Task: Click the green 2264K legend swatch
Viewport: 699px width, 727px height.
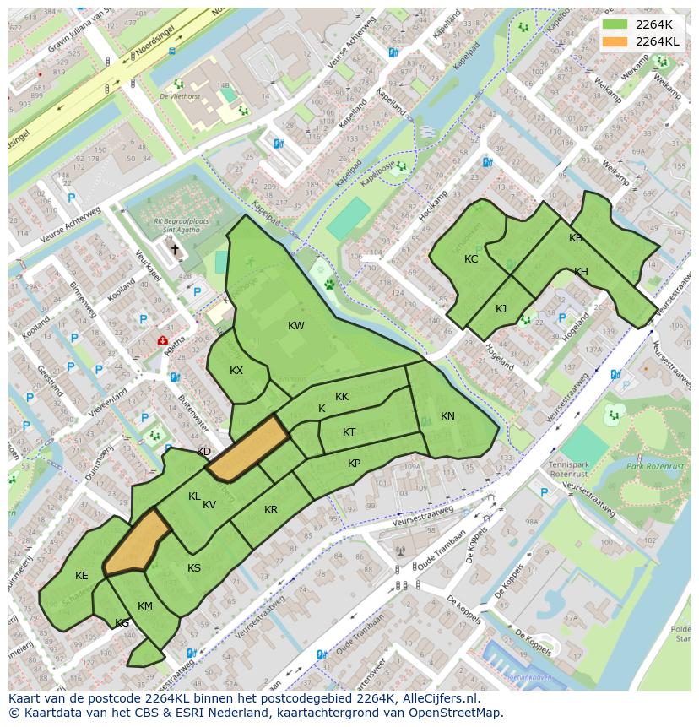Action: [x=616, y=24]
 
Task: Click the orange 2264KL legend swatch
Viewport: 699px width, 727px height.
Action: [x=616, y=41]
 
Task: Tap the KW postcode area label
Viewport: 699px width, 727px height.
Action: [x=295, y=326]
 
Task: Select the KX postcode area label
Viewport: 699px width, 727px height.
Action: [x=236, y=371]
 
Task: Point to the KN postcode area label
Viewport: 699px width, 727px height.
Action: [x=447, y=416]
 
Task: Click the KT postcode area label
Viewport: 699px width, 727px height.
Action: [x=349, y=432]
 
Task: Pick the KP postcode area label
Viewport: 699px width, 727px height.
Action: [x=354, y=464]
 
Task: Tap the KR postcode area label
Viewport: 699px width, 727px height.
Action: [x=271, y=510]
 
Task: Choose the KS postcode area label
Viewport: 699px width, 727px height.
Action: [x=194, y=568]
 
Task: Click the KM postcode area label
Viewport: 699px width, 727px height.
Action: [x=145, y=606]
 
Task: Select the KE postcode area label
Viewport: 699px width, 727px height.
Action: [x=81, y=576]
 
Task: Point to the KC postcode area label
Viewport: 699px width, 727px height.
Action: [x=471, y=259]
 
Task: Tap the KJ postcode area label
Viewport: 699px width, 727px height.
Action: [x=501, y=308]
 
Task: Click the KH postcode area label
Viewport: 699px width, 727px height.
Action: [x=581, y=272]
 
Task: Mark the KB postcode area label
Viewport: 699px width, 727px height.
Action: [x=576, y=238]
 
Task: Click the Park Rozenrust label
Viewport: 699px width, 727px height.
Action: [x=656, y=466]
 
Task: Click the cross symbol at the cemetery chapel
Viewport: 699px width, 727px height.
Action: [x=176, y=249]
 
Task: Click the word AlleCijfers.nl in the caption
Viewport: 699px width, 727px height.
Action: [x=438, y=699]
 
